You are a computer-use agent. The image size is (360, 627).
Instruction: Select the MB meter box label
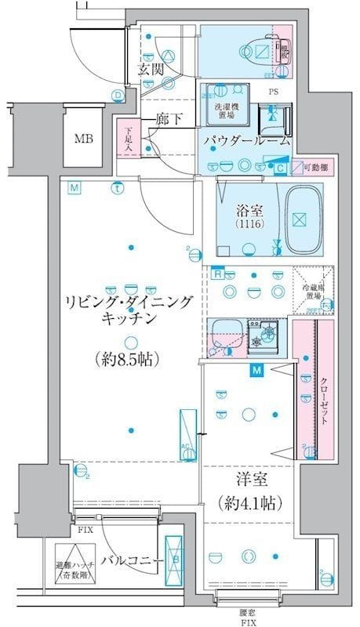pos(83,140)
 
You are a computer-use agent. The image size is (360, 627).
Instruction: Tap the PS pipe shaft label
pos(273,91)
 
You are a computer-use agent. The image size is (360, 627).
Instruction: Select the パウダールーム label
pos(246,141)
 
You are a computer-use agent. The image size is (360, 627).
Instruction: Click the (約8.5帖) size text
pos(129,360)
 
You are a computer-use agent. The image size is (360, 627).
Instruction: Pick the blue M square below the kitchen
pos(256,371)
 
